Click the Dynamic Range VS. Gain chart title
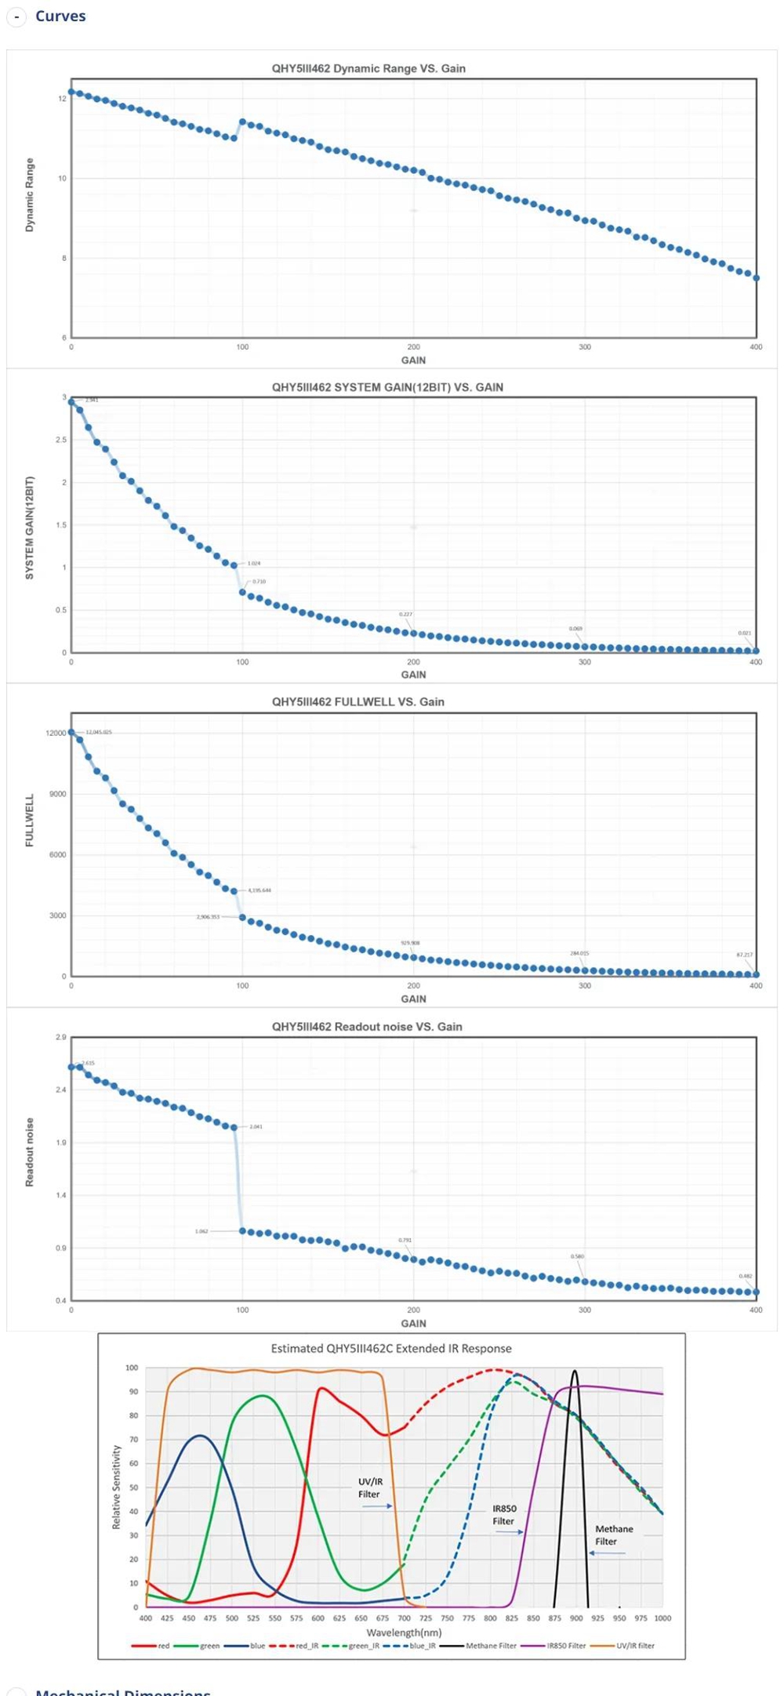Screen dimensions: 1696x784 (x=368, y=68)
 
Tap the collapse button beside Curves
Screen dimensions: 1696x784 (x=16, y=16)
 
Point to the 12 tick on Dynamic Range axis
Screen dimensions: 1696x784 (x=62, y=99)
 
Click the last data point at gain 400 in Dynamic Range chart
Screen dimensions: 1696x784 (x=756, y=277)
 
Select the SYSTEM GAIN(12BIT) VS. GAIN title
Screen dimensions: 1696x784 (x=387, y=387)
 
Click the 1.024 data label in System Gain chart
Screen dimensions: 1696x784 (x=254, y=564)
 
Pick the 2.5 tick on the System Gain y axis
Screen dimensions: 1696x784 (x=61, y=440)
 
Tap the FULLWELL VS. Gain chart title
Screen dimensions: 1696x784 (x=358, y=701)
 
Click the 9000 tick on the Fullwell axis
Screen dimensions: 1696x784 (x=58, y=794)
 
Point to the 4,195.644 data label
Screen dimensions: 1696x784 (x=260, y=890)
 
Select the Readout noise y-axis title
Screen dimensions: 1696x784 (x=30, y=1152)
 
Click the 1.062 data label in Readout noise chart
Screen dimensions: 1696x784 (x=201, y=1231)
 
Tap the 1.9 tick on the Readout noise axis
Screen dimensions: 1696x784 (x=61, y=1143)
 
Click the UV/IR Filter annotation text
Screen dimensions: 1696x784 (x=370, y=1488)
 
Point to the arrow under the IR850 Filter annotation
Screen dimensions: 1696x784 (x=510, y=1532)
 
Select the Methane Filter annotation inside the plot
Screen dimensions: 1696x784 (x=613, y=1535)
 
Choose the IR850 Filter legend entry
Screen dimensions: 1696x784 (x=566, y=1646)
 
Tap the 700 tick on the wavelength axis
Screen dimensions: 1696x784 (x=404, y=1618)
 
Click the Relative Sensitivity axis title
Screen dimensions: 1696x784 (x=116, y=1487)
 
